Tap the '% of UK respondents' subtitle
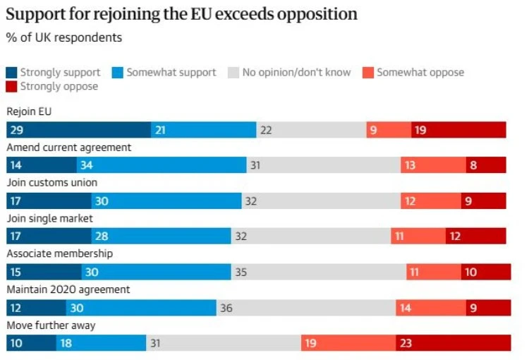tap(64, 37)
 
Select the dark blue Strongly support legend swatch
tap(11, 73)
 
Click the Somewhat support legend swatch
tap(118, 73)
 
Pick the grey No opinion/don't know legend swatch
tap(233, 73)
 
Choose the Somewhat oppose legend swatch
tap(368, 73)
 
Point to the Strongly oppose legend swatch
tap(11, 86)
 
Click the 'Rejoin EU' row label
tap(29, 112)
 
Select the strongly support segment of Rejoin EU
tap(78, 130)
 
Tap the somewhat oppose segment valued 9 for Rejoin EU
tap(389, 130)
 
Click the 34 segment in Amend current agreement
tap(162, 164)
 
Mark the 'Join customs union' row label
tap(52, 183)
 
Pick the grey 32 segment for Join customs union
tap(321, 201)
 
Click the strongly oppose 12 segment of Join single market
tap(476, 236)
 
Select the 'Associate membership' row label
tap(60, 253)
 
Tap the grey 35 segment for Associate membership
tap(319, 272)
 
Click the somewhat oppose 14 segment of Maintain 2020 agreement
tap(431, 308)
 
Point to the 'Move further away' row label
tap(51, 325)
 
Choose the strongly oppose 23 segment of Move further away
tap(454, 343)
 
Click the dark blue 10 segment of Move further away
tap(31, 343)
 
